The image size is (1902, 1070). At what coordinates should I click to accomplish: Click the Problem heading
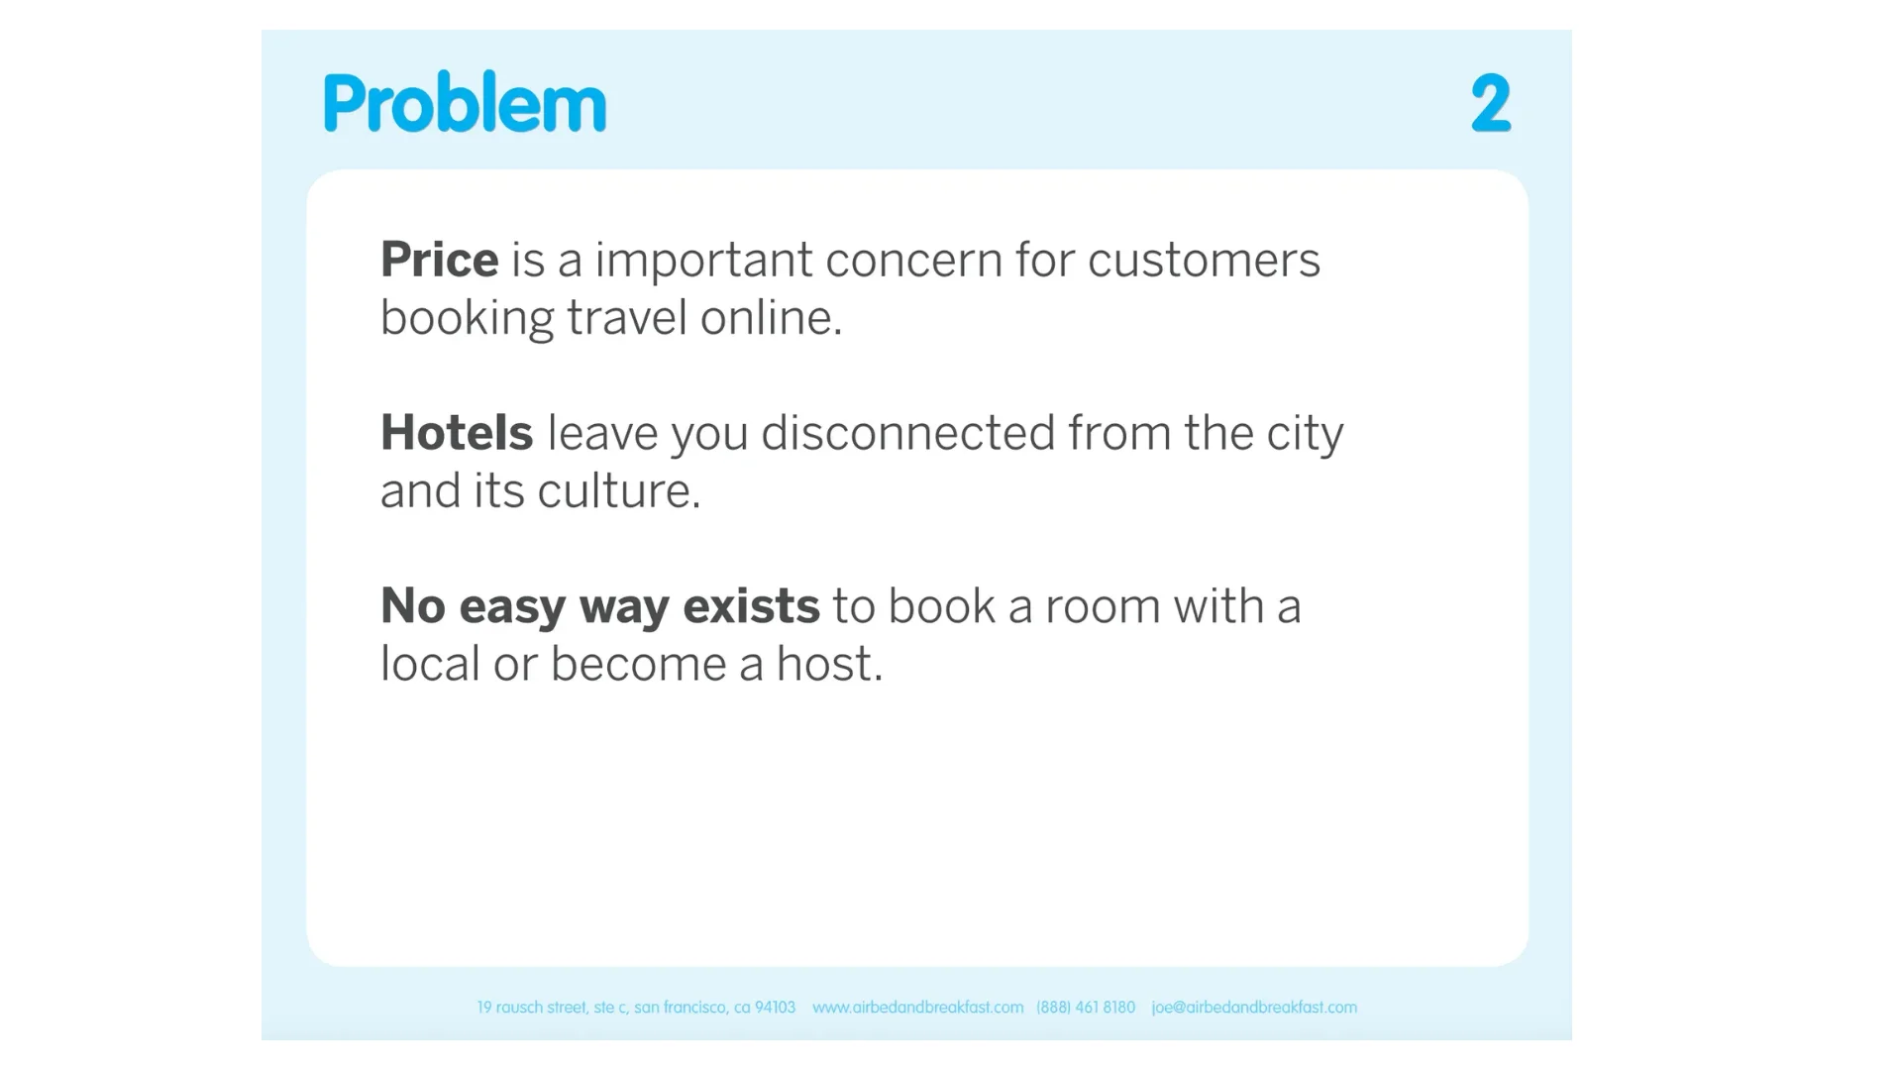[465, 102]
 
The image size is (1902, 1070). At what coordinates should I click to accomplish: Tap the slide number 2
[1491, 102]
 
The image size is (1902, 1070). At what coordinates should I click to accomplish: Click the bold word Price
[440, 260]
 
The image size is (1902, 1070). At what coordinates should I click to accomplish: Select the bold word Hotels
[457, 433]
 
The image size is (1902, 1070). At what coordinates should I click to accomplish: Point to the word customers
[1204, 261]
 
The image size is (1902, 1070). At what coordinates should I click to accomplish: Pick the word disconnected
[908, 433]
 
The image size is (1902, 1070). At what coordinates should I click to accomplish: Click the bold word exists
[752, 606]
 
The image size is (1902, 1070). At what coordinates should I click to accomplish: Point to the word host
[829, 664]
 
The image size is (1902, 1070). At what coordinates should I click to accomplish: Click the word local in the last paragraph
[431, 664]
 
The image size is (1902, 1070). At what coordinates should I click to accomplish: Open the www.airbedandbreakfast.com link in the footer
[917, 1008]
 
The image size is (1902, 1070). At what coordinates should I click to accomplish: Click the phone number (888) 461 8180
[1086, 1008]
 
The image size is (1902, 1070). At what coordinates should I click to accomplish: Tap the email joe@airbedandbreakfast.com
[1254, 1008]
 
